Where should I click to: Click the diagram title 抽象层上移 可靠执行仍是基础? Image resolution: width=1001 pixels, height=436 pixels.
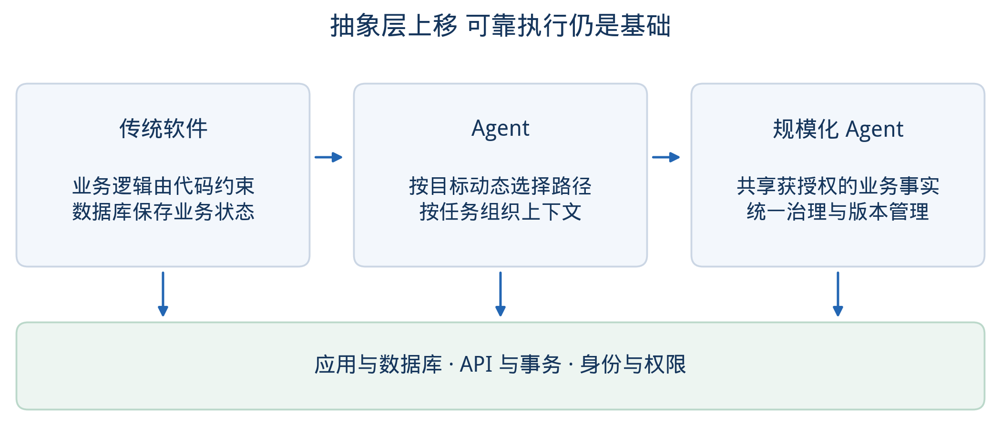click(500, 25)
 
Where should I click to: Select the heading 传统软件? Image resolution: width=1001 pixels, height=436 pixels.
click(163, 129)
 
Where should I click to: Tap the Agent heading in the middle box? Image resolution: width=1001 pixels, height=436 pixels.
click(500, 129)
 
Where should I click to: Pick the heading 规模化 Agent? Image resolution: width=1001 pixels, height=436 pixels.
click(838, 129)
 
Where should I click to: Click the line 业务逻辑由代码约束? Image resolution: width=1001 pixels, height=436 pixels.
click(163, 186)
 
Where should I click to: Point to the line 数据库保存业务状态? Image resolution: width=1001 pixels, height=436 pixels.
click(163, 212)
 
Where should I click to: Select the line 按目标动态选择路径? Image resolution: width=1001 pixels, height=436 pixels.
click(500, 186)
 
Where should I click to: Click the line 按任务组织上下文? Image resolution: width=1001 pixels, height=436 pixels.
click(500, 212)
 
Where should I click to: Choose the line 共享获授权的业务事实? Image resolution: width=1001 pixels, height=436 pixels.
click(838, 186)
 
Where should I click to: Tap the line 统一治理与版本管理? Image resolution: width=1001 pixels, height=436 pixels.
click(838, 212)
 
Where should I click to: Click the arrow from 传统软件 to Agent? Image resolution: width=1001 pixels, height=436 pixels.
click(328, 157)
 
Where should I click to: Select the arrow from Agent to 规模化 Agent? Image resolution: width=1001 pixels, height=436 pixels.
click(666, 157)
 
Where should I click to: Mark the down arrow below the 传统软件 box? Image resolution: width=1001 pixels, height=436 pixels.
click(163, 294)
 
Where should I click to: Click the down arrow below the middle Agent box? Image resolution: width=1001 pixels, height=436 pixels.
click(500, 294)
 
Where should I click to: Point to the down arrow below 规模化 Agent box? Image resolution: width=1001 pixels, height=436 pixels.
click(838, 294)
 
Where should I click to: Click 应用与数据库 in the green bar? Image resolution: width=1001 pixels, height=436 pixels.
click(378, 365)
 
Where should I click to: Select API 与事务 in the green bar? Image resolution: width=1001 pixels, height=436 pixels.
click(511, 365)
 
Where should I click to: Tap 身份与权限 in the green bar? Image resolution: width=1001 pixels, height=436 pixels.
click(633, 365)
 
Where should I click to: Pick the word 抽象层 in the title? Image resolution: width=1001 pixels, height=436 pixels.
click(368, 25)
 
